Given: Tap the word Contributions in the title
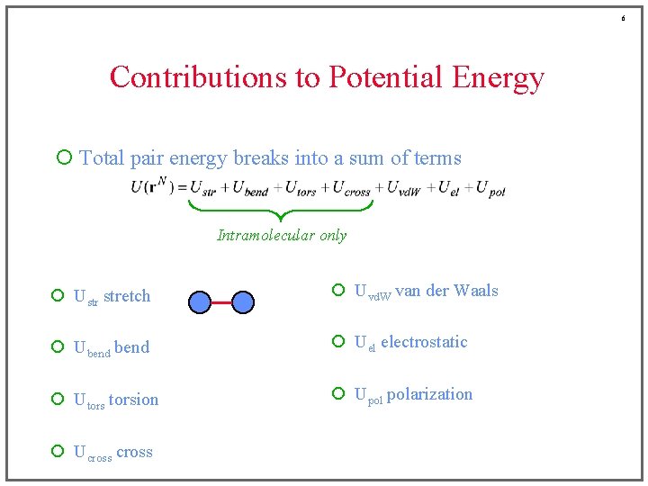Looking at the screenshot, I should click(x=198, y=77).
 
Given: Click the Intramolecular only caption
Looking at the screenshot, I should click(x=282, y=235).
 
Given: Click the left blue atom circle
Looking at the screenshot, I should click(x=201, y=302).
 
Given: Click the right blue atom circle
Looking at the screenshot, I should click(x=244, y=302).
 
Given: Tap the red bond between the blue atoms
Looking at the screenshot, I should click(x=222, y=302).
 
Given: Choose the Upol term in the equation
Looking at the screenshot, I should click(x=490, y=188).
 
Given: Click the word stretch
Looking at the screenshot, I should click(x=127, y=296).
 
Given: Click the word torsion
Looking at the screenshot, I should click(x=133, y=400).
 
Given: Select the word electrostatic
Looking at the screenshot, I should click(x=424, y=342).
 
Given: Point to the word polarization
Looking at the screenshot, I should click(x=429, y=394).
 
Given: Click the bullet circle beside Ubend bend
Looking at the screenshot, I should click(x=58, y=347).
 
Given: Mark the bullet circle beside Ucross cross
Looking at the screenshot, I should click(x=58, y=452).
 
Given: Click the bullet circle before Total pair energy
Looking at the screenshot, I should click(x=63, y=158).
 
